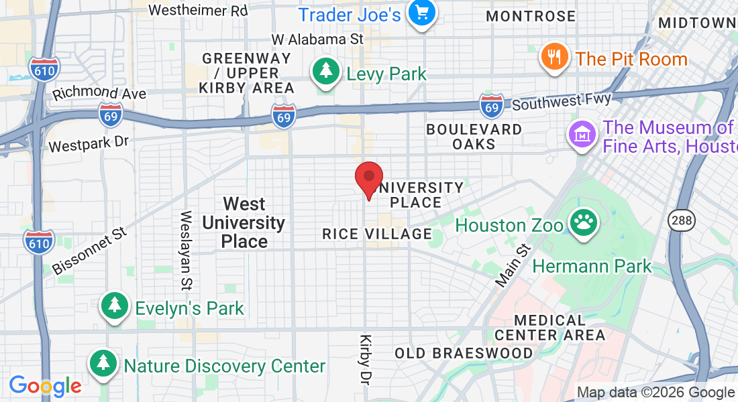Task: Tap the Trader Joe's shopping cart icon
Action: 422,13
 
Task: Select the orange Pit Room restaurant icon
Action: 554,58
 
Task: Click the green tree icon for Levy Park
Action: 326,71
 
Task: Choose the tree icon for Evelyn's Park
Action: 114,307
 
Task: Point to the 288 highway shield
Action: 678,220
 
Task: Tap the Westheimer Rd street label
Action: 198,10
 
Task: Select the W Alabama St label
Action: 317,40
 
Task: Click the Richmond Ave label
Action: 99,93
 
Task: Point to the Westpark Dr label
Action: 89,143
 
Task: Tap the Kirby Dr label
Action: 366,360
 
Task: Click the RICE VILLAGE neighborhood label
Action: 377,234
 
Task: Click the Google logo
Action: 45,386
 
